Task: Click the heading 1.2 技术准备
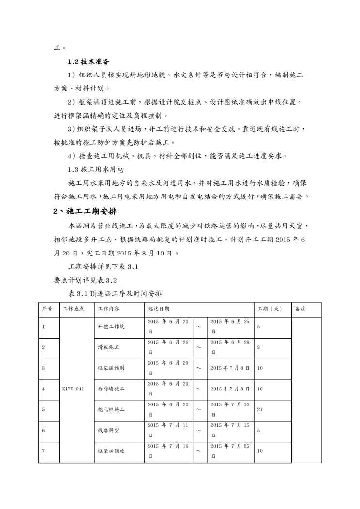(89, 61)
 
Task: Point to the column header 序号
(47, 309)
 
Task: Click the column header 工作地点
(72, 309)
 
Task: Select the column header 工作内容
(109, 309)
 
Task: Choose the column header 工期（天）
(270, 309)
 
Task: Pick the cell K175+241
(73, 389)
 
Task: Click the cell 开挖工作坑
(111, 327)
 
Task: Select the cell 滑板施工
(108, 347)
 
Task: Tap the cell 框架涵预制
(111, 368)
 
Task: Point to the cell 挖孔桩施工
(111, 409)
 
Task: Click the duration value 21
(260, 409)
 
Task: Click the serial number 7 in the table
(44, 451)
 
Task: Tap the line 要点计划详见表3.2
(85, 280)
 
